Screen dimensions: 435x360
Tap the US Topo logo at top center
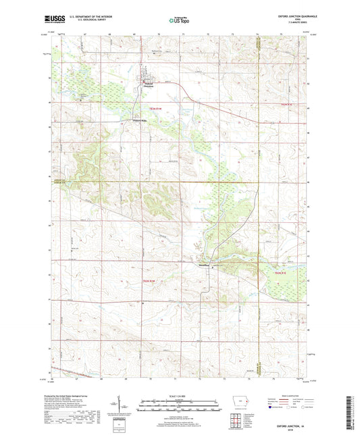(x=178, y=20)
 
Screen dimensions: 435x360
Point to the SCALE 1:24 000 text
(x=180, y=396)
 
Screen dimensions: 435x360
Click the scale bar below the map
(x=180, y=407)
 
